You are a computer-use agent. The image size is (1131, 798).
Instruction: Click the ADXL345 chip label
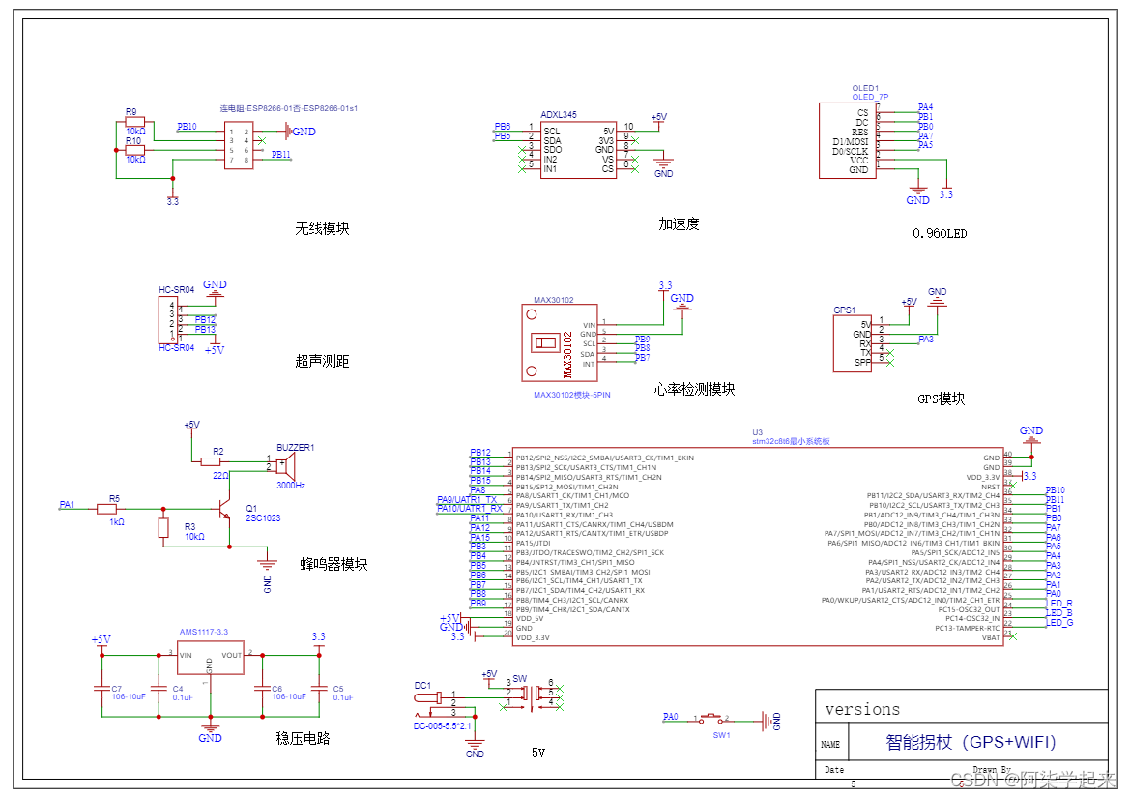click(559, 115)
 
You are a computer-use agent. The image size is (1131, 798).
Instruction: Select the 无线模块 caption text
click(322, 229)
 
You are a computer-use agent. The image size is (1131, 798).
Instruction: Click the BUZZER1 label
click(295, 447)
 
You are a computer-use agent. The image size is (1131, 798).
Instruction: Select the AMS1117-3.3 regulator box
click(210, 665)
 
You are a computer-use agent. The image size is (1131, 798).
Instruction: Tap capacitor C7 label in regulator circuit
click(116, 687)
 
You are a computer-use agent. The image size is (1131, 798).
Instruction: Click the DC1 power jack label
click(422, 686)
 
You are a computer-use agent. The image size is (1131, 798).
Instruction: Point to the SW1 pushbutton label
click(721, 735)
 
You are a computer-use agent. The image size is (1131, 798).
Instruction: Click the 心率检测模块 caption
click(694, 390)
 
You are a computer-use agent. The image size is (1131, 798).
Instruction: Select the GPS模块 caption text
click(941, 399)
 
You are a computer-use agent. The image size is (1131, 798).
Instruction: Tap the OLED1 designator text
click(865, 88)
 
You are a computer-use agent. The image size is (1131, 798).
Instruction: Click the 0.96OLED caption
click(940, 233)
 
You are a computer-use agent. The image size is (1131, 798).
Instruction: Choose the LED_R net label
click(1059, 604)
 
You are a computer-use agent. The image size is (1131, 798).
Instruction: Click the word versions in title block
click(862, 710)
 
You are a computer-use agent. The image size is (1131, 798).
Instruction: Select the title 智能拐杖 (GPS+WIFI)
click(971, 743)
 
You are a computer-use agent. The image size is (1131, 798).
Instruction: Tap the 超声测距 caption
click(322, 362)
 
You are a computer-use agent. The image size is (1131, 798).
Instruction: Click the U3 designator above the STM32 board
click(757, 432)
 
